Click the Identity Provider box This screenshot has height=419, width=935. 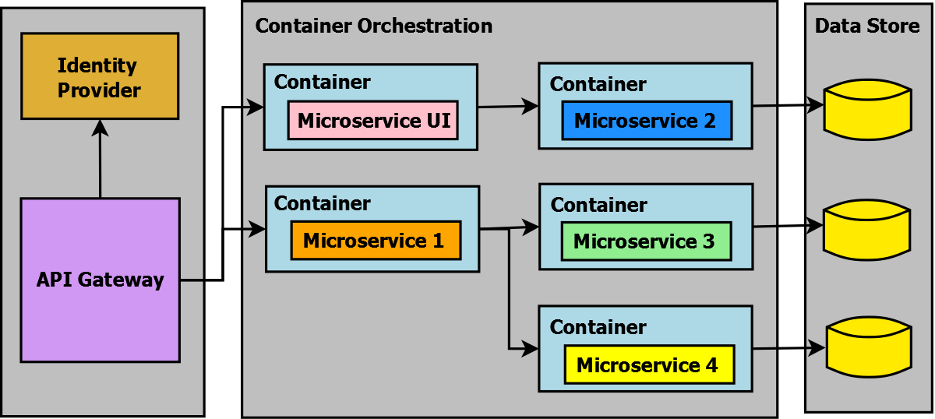[100, 76]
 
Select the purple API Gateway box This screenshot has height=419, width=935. [100, 280]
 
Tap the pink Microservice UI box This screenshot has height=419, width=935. [372, 121]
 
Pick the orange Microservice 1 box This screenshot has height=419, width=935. [376, 241]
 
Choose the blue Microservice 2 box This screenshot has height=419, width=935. [647, 121]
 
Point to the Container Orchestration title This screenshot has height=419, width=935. [374, 26]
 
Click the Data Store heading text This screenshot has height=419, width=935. [867, 26]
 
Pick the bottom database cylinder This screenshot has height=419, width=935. [867, 348]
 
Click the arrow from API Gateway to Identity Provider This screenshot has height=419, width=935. [100, 160]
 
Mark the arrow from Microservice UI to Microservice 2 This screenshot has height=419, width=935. [507, 107]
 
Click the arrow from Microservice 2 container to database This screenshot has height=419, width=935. [787, 104]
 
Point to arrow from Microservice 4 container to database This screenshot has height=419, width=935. [787, 349]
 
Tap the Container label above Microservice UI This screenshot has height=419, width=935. [323, 82]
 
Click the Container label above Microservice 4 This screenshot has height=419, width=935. [598, 327]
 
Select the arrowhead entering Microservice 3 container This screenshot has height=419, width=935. [531, 227]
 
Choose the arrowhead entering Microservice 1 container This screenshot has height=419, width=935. [258, 229]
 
